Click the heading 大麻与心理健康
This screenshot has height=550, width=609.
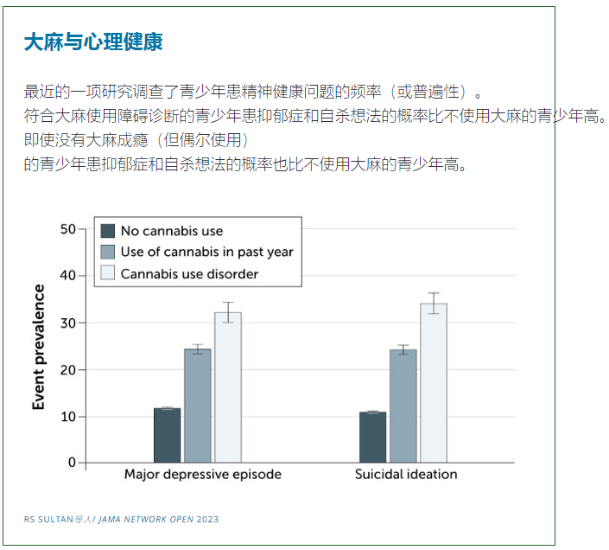pyautogui.click(x=93, y=42)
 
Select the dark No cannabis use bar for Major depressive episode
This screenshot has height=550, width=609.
pyautogui.click(x=168, y=435)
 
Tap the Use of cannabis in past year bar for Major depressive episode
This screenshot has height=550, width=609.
pyautogui.click(x=198, y=406)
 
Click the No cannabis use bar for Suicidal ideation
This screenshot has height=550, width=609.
pyautogui.click(x=372, y=437)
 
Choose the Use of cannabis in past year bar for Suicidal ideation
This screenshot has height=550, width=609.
pyautogui.click(x=403, y=406)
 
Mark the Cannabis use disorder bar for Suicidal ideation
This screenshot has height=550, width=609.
pyautogui.click(x=434, y=383)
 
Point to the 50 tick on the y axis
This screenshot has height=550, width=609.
pyautogui.click(x=67, y=229)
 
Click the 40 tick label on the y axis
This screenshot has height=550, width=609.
pyautogui.click(x=67, y=276)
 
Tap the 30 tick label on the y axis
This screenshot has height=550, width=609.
pyautogui.click(x=67, y=323)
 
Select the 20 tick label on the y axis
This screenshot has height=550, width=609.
pyautogui.click(x=67, y=369)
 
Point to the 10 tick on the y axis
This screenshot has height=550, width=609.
pyautogui.click(x=67, y=416)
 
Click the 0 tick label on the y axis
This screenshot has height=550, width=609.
pyautogui.click(x=71, y=463)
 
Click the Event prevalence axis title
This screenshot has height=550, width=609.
pyautogui.click(x=39, y=347)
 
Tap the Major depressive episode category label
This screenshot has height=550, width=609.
pyautogui.click(x=202, y=475)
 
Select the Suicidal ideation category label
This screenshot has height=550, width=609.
pyautogui.click(x=406, y=475)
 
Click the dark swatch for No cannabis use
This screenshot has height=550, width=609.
pyautogui.click(x=108, y=231)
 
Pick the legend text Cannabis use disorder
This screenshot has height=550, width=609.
pyautogui.click(x=189, y=274)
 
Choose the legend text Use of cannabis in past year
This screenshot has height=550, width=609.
pyautogui.click(x=206, y=253)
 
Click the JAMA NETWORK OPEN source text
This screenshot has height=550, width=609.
pyautogui.click(x=146, y=520)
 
